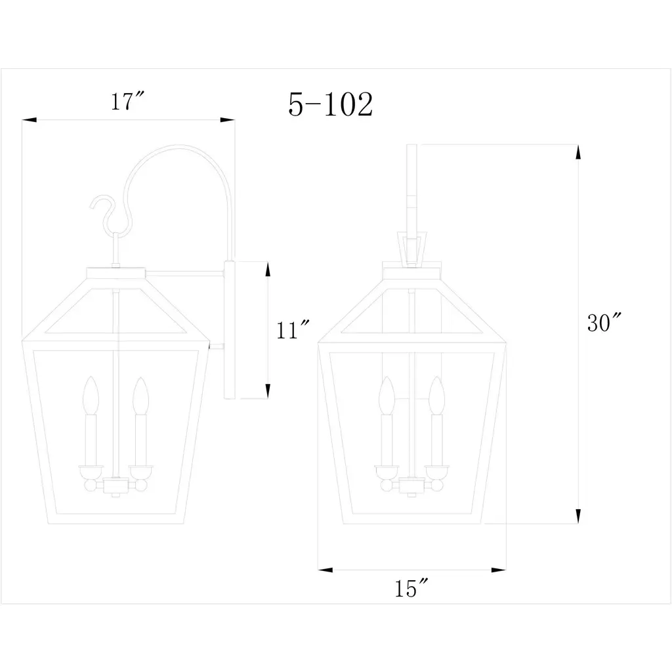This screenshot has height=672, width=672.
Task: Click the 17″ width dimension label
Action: [x=128, y=101]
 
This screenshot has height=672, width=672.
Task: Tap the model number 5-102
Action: [x=331, y=104]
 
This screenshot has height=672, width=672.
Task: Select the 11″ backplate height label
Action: [x=293, y=329]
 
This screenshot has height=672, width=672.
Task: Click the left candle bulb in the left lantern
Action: [x=91, y=395]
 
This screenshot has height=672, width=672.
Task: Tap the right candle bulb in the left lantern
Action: [x=140, y=396]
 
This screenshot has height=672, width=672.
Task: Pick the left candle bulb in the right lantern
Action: [x=387, y=395]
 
